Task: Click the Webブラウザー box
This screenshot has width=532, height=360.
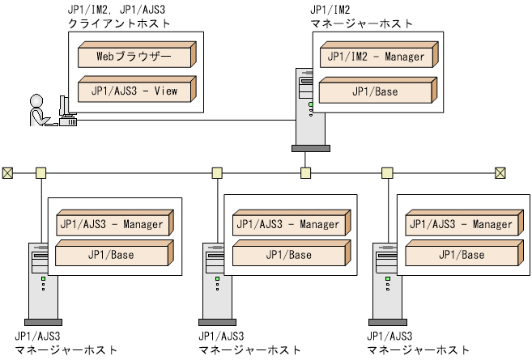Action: tap(134, 57)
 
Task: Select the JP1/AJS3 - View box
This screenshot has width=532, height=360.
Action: tap(134, 91)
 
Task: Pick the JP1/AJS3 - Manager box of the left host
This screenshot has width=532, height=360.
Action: tap(110, 225)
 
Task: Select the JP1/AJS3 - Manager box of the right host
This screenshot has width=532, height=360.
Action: tap(458, 225)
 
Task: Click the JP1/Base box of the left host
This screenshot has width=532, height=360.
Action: tap(110, 255)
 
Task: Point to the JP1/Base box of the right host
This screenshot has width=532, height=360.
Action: tap(458, 255)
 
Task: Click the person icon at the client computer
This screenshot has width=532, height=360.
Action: tap(37, 112)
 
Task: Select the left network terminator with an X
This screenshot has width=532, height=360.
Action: tap(7, 172)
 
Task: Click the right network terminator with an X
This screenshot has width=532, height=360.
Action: tap(500, 172)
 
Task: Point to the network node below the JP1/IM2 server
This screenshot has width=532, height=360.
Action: tap(305, 172)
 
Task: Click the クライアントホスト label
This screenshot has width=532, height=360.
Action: tap(119, 23)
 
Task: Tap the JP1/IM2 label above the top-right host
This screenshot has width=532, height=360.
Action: tap(330, 10)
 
